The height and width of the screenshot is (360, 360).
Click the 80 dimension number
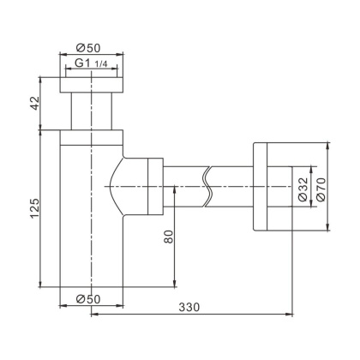(168, 237)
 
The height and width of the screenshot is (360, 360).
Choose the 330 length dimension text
(190, 306)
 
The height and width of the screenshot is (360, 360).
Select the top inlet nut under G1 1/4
(88, 84)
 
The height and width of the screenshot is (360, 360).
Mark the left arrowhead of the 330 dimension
(94, 314)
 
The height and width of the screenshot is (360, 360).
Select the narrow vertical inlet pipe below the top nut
(88, 111)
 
